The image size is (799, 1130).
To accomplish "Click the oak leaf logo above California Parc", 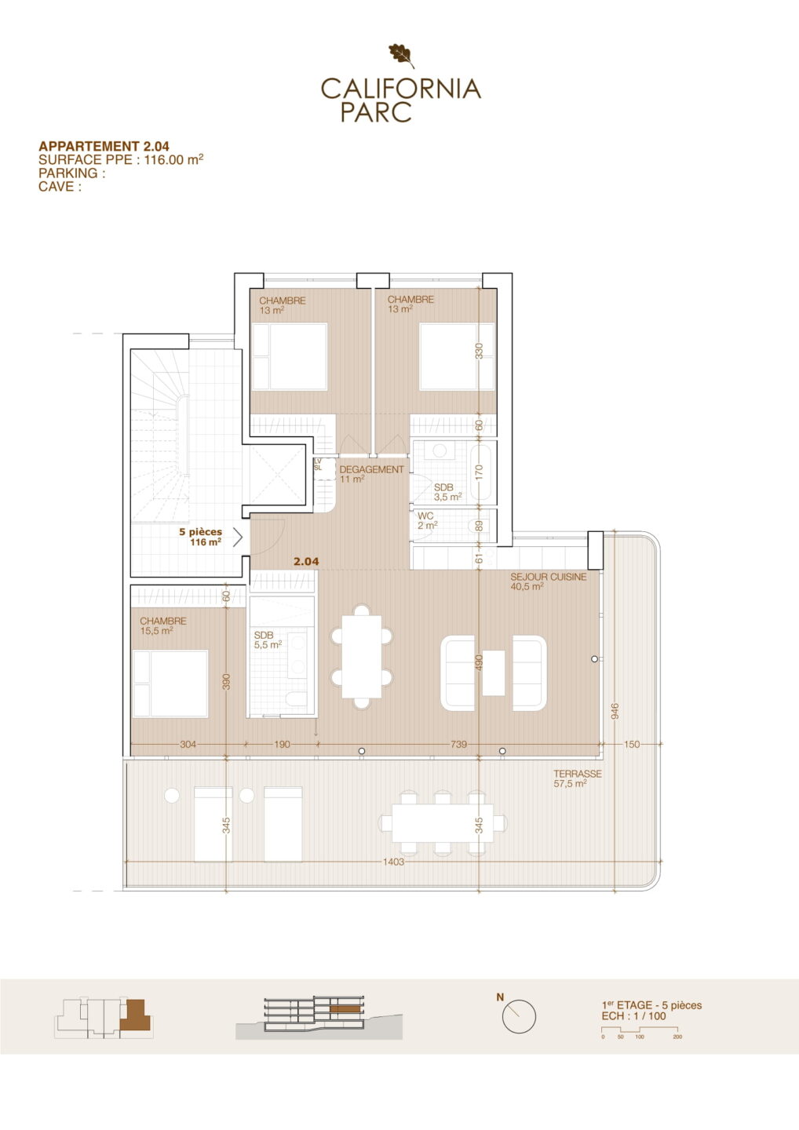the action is pos(402,56).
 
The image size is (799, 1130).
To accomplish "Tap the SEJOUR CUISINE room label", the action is pos(549,577).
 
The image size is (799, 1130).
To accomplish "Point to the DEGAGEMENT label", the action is pos(372,469).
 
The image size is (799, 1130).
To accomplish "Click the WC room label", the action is pos(425,516).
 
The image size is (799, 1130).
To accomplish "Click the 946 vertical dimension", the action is pos(615,711).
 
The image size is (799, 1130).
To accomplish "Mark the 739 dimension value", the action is pos(458,744).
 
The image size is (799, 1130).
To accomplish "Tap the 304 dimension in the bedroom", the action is pos(188,744).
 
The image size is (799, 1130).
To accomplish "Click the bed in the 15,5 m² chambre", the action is pos(170,683).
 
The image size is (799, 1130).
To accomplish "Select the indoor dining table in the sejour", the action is pos(362,657).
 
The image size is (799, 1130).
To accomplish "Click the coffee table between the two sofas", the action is pos(494,673).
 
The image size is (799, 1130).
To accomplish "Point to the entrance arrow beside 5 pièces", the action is pos(238,538).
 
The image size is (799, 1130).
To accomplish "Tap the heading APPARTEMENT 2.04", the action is pos(104,146).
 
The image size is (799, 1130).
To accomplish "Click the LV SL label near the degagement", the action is pos(318,465).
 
